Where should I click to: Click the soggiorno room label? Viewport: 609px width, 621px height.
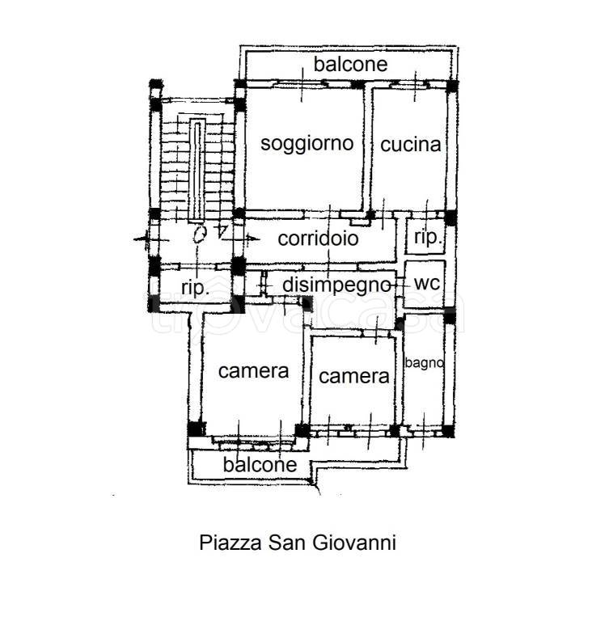click(x=307, y=143)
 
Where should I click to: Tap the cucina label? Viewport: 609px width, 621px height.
click(x=411, y=145)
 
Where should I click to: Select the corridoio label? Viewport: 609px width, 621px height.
click(x=318, y=239)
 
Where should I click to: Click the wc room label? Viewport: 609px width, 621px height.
click(x=427, y=284)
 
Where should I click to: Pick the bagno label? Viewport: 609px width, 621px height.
click(x=424, y=363)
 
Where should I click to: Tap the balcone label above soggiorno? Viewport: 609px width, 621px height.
click(x=350, y=64)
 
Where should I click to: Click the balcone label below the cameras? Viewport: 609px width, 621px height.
click(x=260, y=465)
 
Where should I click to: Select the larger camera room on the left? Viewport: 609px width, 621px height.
click(x=253, y=371)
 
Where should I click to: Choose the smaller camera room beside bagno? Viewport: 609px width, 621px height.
click(x=353, y=376)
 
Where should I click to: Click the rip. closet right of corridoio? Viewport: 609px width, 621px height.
click(x=428, y=238)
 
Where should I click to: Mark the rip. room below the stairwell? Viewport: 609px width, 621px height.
click(x=195, y=287)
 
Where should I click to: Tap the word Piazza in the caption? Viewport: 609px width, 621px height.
click(x=230, y=543)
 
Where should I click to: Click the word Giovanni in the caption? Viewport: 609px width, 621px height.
click(x=354, y=543)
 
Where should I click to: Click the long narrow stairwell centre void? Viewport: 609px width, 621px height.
click(x=197, y=170)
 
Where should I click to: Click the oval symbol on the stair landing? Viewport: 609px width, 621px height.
click(x=199, y=234)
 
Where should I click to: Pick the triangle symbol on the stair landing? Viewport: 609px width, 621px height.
click(x=222, y=231)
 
